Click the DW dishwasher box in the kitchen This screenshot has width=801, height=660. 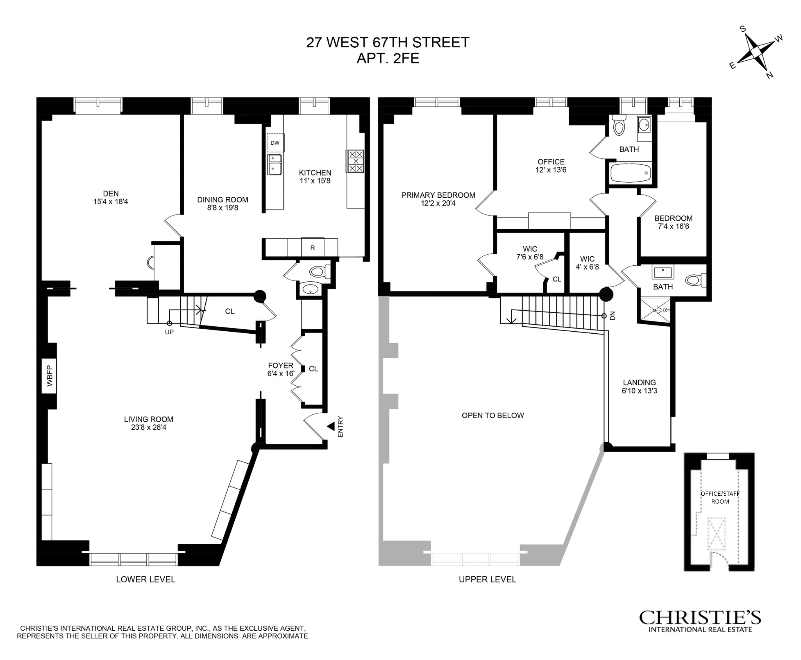275,143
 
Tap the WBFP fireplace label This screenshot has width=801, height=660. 49,376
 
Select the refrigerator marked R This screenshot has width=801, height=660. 312,248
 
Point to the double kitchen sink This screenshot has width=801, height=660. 275,164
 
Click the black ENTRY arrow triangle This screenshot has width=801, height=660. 331,426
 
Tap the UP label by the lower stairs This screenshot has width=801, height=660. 169,332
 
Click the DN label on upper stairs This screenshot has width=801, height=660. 612,315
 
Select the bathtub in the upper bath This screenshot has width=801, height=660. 630,172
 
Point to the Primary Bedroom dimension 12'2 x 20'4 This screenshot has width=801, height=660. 438,203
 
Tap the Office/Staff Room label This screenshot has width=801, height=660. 720,497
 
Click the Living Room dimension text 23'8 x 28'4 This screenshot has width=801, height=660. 149,428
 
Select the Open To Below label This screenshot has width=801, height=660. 493,415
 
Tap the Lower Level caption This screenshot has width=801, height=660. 145,579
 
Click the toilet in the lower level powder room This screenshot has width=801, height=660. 321,271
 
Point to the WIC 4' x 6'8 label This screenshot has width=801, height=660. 587,263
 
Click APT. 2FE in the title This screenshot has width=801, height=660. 388,59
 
